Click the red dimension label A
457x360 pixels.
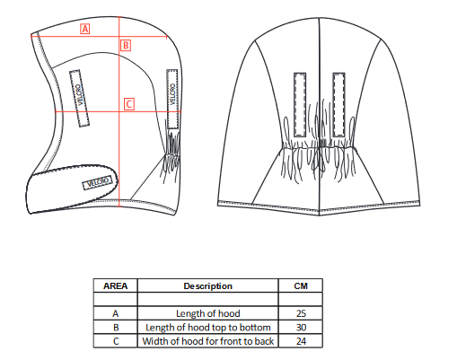point(85,29)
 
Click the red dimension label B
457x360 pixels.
point(126,46)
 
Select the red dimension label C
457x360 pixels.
point(129,104)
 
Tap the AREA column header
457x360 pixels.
point(116,286)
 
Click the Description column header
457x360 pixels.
point(208,286)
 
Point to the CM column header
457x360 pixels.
point(301,286)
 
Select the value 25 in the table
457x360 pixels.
point(301,313)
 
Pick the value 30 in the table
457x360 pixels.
point(301,327)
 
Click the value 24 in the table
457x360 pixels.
point(301,341)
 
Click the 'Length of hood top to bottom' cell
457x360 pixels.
point(208,327)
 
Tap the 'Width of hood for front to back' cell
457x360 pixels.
point(208,341)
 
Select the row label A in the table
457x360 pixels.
point(116,313)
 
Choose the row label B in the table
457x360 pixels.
point(116,327)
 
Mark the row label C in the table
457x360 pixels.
point(116,341)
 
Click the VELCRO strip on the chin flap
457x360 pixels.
point(98,182)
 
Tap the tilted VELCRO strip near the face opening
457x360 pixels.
point(79,98)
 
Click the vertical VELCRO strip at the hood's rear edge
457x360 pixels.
point(172,99)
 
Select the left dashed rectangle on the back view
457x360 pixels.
point(300,105)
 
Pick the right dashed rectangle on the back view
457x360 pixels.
point(338,105)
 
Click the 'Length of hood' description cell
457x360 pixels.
point(208,313)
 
